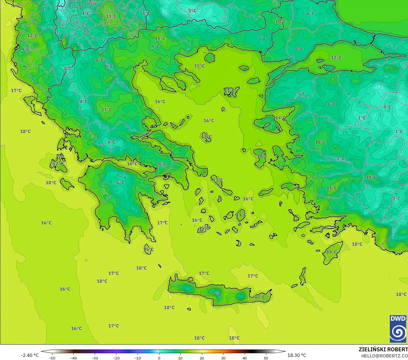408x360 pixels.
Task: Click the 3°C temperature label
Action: tap(67, 69)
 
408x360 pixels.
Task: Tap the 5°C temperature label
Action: tap(301, 93)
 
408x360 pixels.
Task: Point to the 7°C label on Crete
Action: tap(218, 294)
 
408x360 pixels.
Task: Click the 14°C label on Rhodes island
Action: tap(332, 252)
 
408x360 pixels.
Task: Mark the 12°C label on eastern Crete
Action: tap(260, 297)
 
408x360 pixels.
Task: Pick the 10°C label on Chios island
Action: tap(262, 156)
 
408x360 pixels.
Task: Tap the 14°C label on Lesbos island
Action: tap(280, 118)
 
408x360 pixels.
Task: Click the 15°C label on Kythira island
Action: tap(148, 250)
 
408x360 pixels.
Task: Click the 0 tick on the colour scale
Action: tap(159, 358)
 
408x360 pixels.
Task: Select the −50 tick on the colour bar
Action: tap(52, 358)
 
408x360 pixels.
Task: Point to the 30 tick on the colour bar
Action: tap(223, 358)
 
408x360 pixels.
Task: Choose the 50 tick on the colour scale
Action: tap(266, 358)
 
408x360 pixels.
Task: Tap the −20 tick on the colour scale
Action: tap(116, 358)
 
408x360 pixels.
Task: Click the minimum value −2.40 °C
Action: tap(30, 355)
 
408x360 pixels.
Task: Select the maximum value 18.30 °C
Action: tap(297, 355)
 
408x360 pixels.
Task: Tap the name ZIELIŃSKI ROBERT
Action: tap(383, 349)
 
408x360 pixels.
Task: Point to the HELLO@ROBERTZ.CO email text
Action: tap(385, 356)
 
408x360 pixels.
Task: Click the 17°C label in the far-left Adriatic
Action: tap(16, 91)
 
